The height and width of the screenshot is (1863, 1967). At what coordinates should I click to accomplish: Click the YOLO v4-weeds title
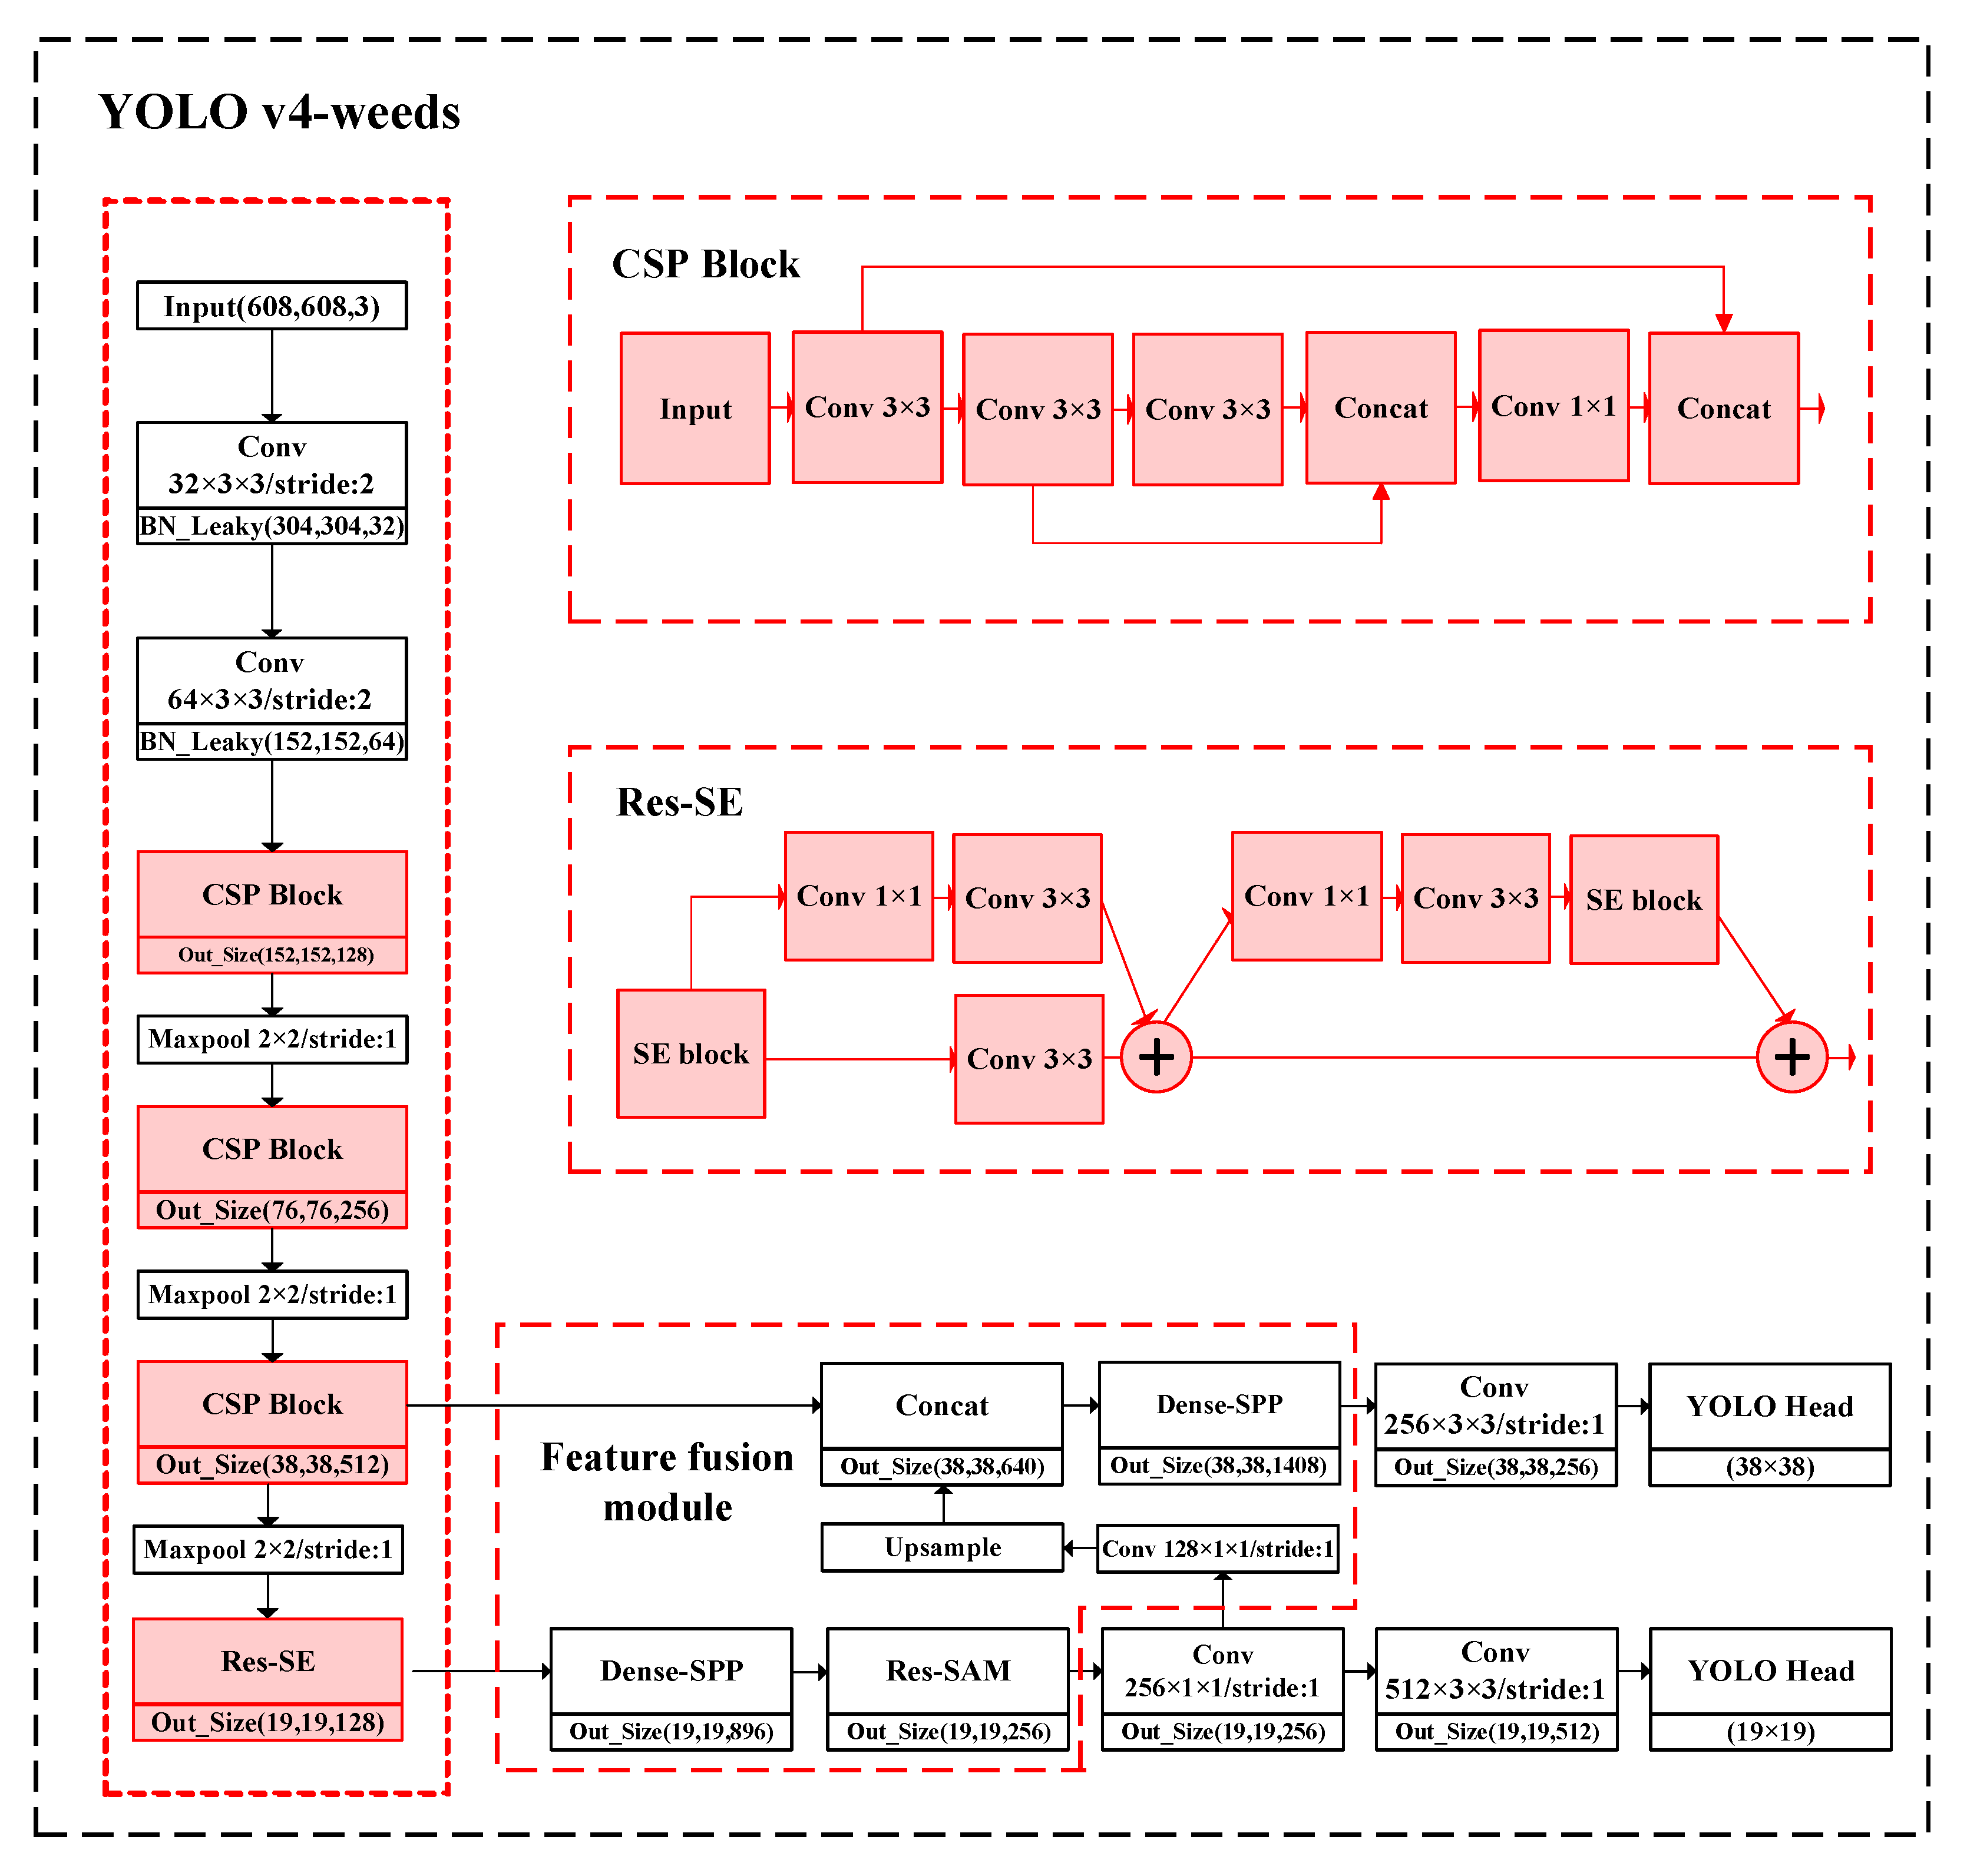click(279, 112)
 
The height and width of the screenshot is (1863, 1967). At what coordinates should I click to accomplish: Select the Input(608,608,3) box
click(271, 306)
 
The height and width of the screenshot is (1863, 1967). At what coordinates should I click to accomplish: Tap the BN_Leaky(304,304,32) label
click(271, 526)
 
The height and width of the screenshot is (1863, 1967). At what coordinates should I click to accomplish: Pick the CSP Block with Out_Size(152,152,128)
click(271, 895)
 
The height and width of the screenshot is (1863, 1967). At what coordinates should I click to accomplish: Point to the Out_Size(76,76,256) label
click(271, 1209)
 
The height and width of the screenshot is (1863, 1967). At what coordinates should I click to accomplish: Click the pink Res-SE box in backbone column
click(267, 1662)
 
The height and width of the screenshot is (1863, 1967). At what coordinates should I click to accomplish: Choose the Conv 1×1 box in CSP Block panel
click(1553, 406)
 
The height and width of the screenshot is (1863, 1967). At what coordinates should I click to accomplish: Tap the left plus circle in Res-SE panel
click(1155, 1057)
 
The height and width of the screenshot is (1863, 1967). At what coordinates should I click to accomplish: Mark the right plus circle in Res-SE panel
click(1791, 1057)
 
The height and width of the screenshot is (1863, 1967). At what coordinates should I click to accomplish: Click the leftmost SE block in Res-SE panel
click(690, 1053)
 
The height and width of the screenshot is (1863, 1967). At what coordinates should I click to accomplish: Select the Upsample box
click(942, 1547)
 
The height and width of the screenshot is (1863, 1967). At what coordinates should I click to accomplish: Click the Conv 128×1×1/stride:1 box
click(1217, 1548)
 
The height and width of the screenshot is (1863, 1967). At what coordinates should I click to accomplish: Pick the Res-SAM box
click(948, 1670)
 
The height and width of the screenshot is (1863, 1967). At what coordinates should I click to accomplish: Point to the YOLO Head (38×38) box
click(1769, 1406)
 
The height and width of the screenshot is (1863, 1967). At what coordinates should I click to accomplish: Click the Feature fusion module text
click(667, 1481)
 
